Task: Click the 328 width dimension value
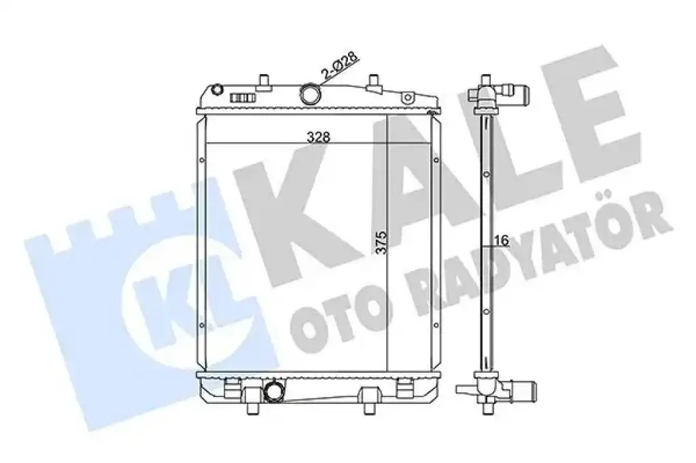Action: [319, 138]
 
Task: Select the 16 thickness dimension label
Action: [502, 240]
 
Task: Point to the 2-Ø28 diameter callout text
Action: [341, 67]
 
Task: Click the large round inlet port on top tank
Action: [310, 93]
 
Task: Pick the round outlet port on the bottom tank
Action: [273, 390]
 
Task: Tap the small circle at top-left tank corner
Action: [217, 90]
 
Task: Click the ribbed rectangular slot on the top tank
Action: [243, 98]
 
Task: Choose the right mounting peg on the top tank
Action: [375, 83]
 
